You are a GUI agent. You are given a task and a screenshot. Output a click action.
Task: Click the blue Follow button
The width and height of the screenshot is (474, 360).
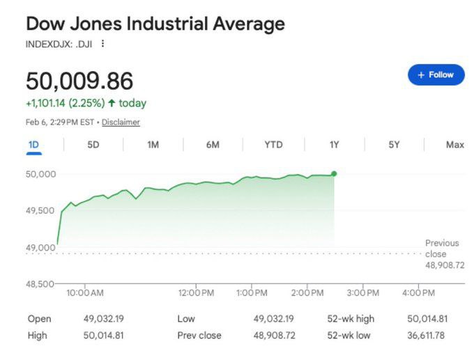[x=436, y=75]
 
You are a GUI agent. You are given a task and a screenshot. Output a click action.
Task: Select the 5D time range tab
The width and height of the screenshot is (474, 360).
[x=93, y=145]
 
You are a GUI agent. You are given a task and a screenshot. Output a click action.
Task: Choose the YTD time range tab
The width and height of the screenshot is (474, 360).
[x=273, y=145]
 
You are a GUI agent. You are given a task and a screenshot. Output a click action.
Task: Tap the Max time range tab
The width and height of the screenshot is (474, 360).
[x=454, y=145]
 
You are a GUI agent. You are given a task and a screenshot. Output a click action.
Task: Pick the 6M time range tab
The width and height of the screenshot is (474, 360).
[x=213, y=145]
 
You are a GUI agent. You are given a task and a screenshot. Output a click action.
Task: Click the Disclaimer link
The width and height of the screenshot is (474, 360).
[x=121, y=123]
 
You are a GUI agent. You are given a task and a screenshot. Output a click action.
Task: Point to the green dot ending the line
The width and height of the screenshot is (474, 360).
[x=334, y=173]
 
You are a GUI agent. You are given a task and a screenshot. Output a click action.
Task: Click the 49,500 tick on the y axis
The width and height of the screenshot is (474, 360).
[x=40, y=210]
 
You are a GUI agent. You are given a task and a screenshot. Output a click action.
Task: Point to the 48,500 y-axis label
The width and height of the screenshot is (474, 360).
[x=40, y=284]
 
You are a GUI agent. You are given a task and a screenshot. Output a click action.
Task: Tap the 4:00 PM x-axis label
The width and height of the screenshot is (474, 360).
[x=419, y=293]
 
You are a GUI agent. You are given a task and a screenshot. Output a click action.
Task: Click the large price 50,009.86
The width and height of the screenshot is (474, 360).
[x=79, y=81]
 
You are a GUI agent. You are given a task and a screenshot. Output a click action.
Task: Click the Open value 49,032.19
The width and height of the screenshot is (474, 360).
[x=104, y=319]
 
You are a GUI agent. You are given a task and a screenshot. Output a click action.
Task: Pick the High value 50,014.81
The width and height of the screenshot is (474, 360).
[x=104, y=336]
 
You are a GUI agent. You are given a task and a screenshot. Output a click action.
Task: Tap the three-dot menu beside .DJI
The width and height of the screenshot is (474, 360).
[x=103, y=44]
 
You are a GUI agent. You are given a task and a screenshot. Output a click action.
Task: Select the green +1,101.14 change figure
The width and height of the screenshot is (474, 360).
[x=45, y=103]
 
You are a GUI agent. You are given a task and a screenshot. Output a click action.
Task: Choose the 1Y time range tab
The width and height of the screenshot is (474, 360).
[x=334, y=145]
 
